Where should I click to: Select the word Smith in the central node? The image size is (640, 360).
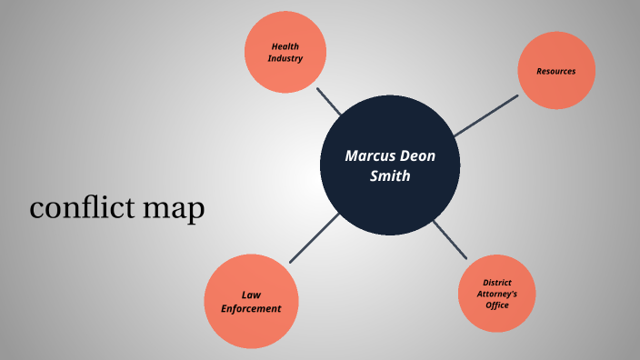[x=390, y=176]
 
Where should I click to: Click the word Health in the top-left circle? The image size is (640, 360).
[x=285, y=46]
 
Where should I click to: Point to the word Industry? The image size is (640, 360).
[x=285, y=59]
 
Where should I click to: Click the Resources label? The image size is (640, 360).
[x=555, y=71]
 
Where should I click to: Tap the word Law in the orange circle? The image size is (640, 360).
[x=251, y=295]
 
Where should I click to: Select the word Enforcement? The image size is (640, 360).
[x=251, y=308]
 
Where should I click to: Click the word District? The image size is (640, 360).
[x=497, y=283]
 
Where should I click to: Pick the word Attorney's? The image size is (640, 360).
[x=497, y=294]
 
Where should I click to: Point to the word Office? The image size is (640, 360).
[x=497, y=305]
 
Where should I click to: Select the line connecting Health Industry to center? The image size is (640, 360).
[x=328, y=101]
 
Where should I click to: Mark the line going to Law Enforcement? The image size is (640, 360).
[x=315, y=237]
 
